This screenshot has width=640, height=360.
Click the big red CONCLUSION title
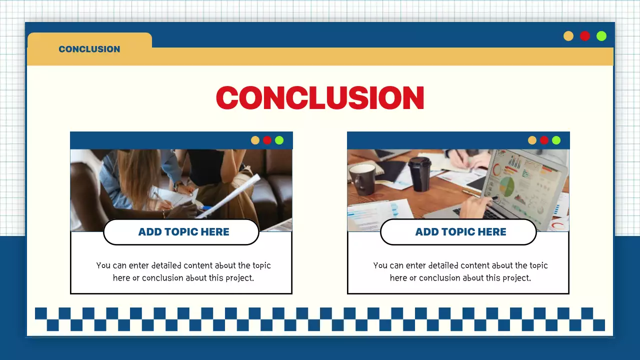click(x=320, y=98)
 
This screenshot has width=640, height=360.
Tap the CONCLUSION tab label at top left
click(x=89, y=49)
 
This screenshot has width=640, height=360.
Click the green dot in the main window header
click(x=601, y=36)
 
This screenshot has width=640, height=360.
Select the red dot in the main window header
click(x=585, y=36)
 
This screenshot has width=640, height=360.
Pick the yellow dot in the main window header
click(x=568, y=36)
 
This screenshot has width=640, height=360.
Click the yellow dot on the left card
click(x=255, y=140)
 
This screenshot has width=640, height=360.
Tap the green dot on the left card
click(x=279, y=140)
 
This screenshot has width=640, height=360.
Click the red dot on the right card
click(x=544, y=140)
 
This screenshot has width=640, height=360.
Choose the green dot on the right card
click(x=556, y=140)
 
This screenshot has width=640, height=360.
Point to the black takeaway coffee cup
click(x=419, y=174)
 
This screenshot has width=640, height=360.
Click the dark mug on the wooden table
click(x=362, y=179)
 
